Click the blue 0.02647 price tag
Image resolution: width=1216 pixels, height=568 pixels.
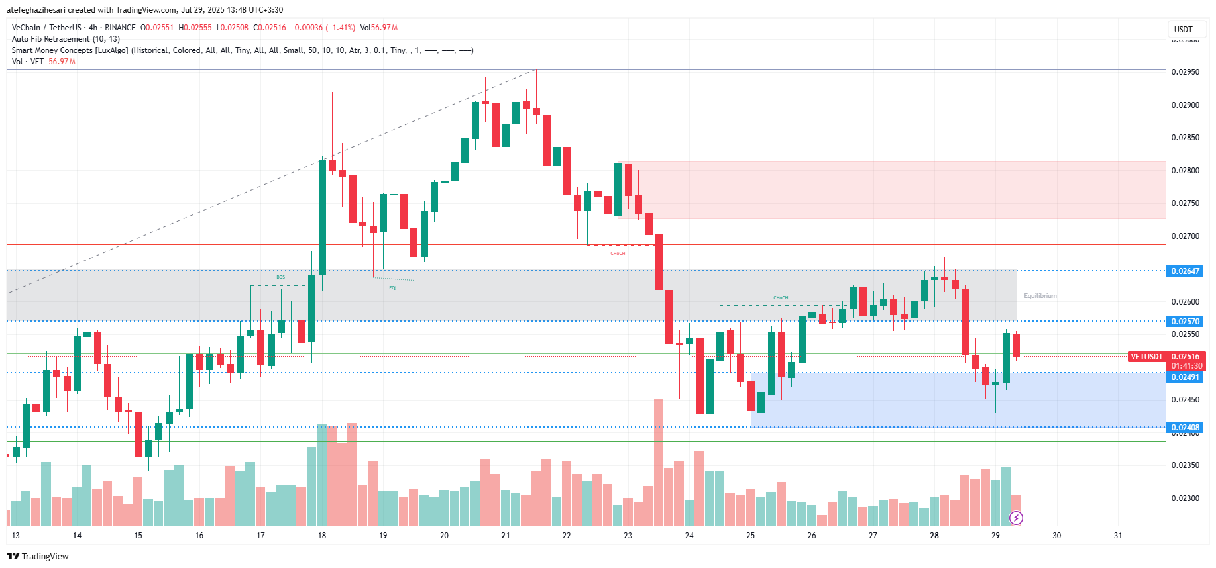point(1185,271)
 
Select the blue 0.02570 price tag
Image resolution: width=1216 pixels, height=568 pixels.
point(1185,321)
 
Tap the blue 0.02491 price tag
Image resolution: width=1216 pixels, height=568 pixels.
point(1185,377)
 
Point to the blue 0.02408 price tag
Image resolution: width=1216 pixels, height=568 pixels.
point(1185,427)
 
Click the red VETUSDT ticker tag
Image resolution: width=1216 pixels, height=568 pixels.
point(1146,356)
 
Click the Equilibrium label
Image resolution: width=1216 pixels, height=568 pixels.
point(1040,296)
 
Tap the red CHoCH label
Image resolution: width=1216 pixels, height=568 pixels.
point(618,254)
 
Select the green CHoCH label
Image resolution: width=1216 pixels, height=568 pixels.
point(781,298)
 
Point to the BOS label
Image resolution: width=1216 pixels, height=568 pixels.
point(281,277)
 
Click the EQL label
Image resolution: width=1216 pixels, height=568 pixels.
point(393,288)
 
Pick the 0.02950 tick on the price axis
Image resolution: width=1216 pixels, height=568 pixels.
point(1185,72)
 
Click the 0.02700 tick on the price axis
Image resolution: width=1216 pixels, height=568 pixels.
point(1185,236)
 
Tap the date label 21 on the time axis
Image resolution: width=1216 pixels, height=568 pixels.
point(506,536)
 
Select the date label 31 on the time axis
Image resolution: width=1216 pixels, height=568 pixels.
point(1118,536)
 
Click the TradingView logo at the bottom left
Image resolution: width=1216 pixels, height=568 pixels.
point(38,556)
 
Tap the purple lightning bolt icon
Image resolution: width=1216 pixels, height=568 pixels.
point(1016,518)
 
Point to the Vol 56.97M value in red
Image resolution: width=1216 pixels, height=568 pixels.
point(62,62)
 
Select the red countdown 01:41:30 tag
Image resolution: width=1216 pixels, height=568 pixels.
point(1186,366)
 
